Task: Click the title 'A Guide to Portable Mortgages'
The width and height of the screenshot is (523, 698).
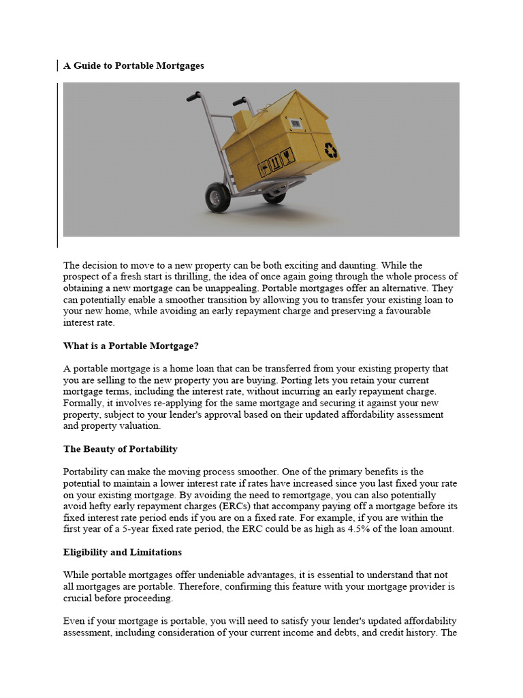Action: [133, 66]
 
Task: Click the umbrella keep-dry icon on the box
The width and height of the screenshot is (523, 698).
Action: [264, 168]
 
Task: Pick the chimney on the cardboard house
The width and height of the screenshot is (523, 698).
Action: [242, 121]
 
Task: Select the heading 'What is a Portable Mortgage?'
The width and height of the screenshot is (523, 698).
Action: [131, 346]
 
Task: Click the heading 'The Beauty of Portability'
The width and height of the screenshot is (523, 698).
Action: [120, 449]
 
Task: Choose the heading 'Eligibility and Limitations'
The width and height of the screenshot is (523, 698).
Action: [123, 552]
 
